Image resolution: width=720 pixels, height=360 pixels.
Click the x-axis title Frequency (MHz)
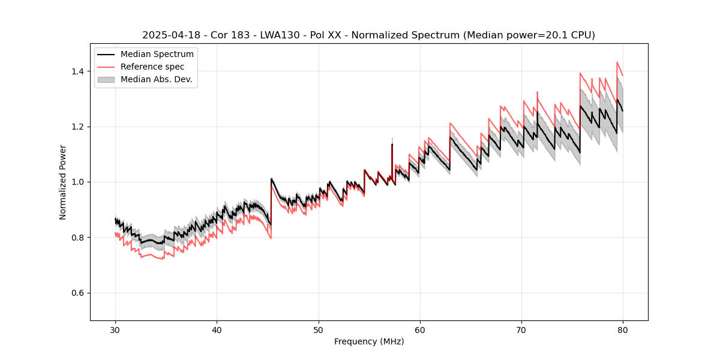(369, 341)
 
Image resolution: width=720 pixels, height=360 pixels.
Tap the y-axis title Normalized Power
(63, 182)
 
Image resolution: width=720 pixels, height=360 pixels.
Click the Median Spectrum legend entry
(157, 55)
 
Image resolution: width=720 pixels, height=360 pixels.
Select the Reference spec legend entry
(152, 67)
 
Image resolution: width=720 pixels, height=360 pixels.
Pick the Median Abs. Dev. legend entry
(156, 79)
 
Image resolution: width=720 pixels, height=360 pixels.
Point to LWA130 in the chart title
(280, 35)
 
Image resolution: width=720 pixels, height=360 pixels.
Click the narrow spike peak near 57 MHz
(392, 144)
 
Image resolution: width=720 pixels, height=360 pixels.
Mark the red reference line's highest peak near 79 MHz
(617, 62)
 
